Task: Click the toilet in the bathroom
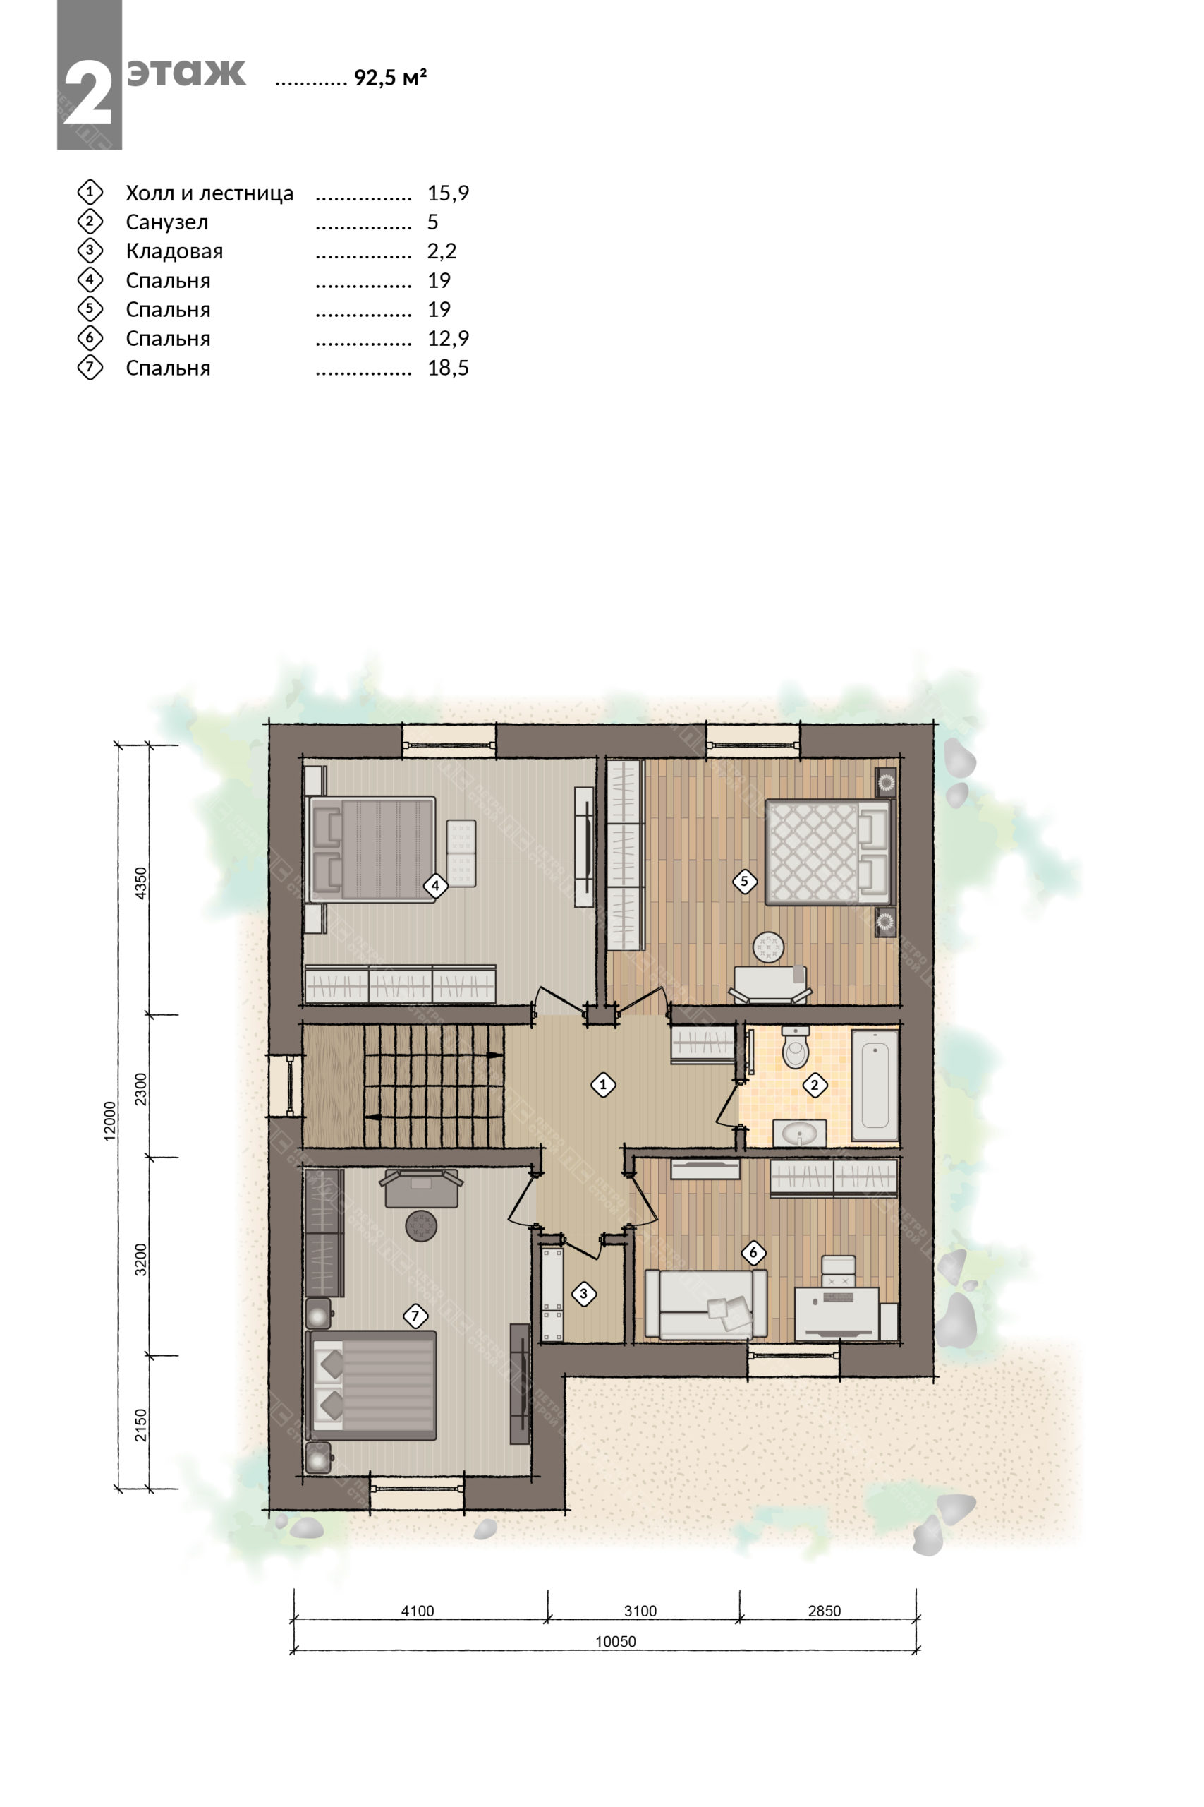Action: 795,1047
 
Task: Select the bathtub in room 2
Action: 875,1085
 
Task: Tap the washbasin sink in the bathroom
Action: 799,1132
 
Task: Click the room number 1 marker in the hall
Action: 603,1085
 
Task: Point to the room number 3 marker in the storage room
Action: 583,1294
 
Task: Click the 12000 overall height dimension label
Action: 111,1121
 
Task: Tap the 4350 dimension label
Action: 140,883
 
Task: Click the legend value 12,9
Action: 448,338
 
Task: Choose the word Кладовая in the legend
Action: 174,251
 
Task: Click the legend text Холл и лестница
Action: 209,193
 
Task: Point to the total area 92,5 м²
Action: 390,78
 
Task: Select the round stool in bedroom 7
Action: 421,1225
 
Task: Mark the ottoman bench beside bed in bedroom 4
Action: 461,853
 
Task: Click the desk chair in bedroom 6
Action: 839,1271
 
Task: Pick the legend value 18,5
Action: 448,368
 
